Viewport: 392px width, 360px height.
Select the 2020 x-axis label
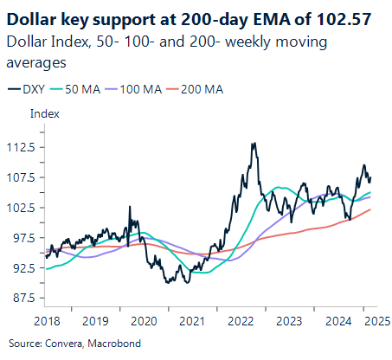point(144,319)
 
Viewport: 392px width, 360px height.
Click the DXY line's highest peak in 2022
point(253,145)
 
